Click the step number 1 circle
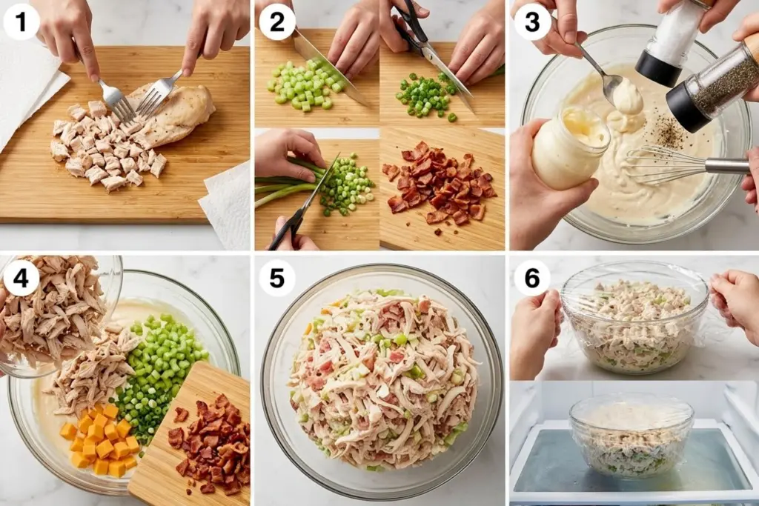(21, 21)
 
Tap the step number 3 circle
(532, 21)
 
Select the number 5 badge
(276, 279)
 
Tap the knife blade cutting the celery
(326, 63)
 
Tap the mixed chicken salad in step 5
(382, 378)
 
